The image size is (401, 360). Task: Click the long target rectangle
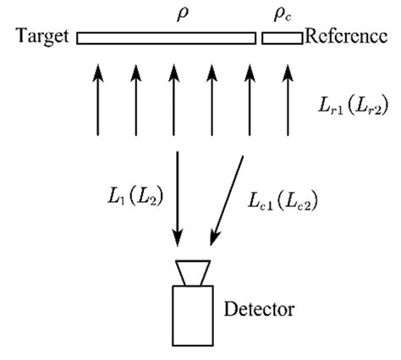[166, 37]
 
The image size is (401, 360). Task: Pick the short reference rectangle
[281, 37]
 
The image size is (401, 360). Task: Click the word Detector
[259, 308]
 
